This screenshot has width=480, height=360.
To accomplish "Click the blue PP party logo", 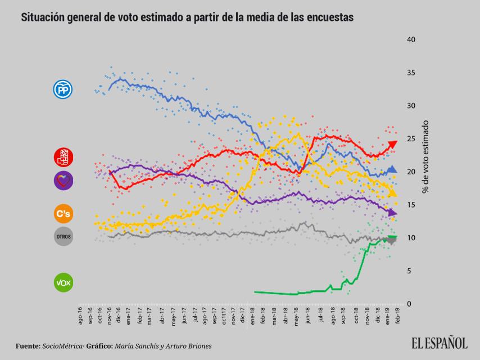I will click(62, 89).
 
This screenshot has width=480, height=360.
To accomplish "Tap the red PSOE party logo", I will click(62, 157).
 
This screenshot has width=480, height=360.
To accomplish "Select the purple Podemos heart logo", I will click(62, 181).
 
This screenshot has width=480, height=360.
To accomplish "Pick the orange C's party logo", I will click(62, 214).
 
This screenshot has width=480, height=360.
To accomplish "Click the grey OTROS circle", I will click(62, 237).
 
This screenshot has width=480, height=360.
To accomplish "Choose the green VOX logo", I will click(62, 282).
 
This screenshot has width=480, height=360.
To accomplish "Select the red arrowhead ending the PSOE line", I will click(393, 145).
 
